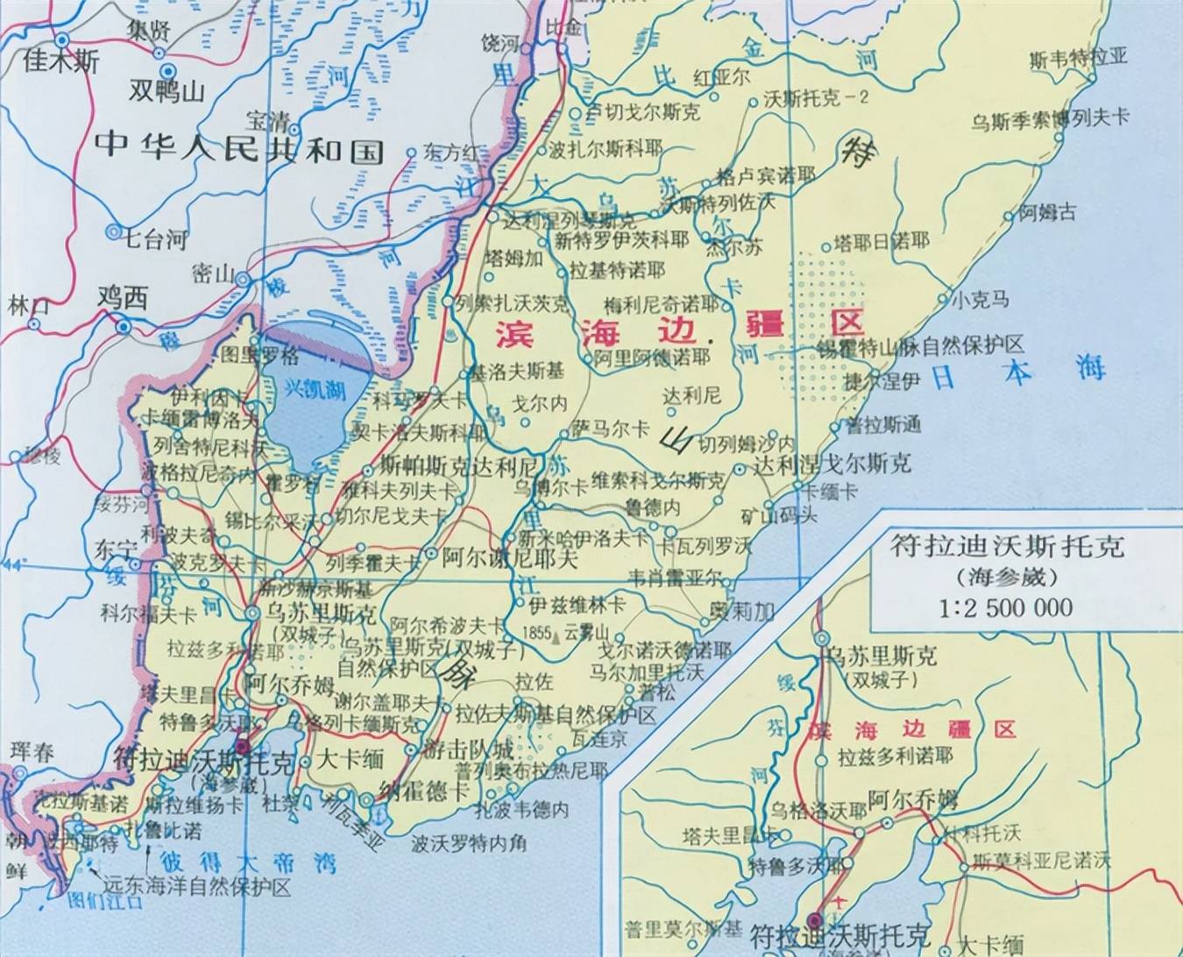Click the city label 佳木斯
61,62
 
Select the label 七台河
155,238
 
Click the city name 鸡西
122,299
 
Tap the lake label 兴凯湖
314,390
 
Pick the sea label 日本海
1017,372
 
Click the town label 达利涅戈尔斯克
832,464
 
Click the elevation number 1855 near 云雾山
536,633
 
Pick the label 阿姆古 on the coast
1046,212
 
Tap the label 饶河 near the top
500,43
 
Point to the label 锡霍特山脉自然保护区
920,344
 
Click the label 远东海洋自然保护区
196,887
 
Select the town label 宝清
266,119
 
